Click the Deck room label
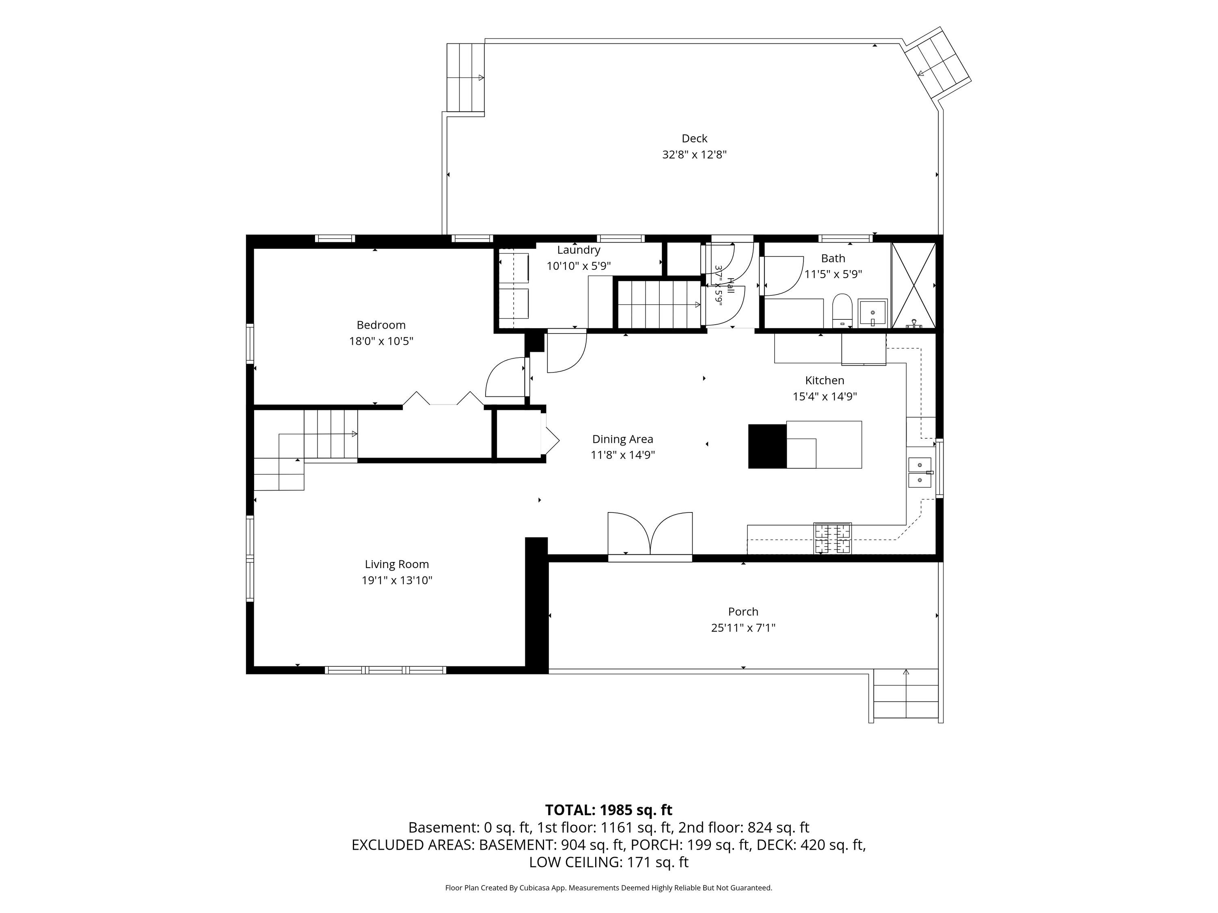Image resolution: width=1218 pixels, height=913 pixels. tap(694, 139)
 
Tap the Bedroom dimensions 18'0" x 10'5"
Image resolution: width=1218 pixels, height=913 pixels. tap(381, 341)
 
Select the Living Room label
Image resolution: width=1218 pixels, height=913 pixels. tap(396, 564)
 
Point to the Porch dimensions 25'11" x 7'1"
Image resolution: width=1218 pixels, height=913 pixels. tap(743, 627)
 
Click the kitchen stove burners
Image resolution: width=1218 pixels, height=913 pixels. tap(833, 538)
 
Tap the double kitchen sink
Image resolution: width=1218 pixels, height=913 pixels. tap(920, 472)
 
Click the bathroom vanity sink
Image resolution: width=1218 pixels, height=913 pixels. tap(873, 313)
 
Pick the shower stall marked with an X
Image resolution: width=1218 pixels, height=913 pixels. tap(913, 286)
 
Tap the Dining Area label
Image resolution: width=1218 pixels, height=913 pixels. tap(622, 439)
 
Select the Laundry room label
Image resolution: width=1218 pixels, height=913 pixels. tap(578, 250)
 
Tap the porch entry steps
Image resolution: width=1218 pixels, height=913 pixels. tap(906, 695)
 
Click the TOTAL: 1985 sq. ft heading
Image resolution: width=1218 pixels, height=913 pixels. tap(609, 810)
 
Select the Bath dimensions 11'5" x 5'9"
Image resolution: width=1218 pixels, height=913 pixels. tap(833, 274)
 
